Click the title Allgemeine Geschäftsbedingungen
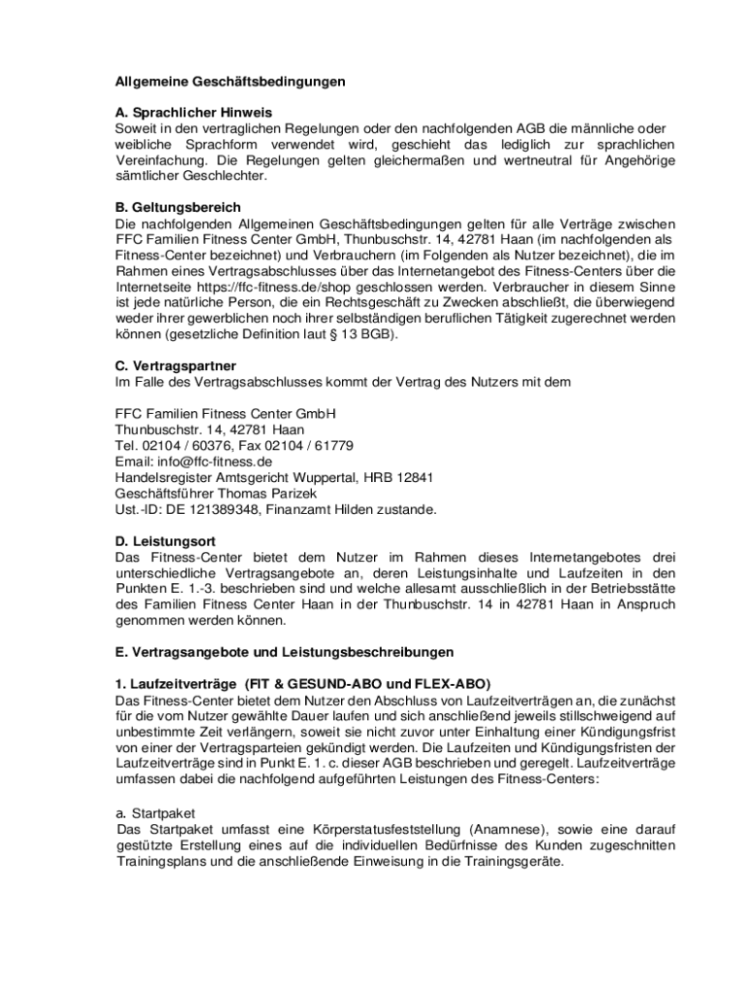pos(229,82)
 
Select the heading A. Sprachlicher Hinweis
pos(193,113)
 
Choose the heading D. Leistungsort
pos(165,540)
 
